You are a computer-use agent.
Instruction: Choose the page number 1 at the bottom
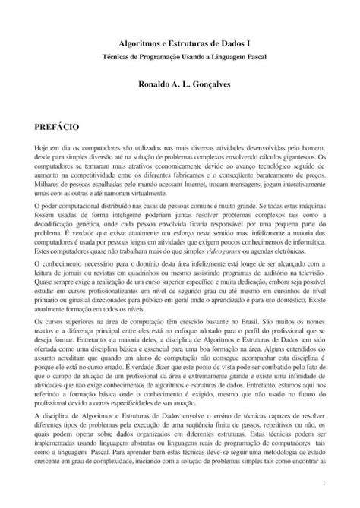click(x=324, y=483)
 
